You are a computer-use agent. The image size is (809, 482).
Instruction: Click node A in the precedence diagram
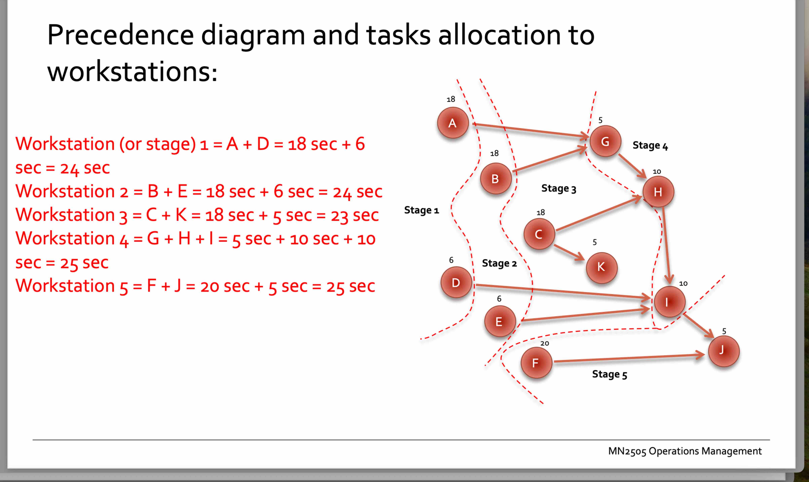453,123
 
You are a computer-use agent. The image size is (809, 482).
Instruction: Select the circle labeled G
605,141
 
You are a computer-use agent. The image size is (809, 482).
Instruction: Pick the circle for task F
536,363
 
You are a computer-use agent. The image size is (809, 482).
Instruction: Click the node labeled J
724,351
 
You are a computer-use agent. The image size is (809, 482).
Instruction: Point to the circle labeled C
539,234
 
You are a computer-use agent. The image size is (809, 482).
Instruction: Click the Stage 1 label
421,210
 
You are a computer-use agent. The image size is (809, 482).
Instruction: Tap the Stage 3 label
558,188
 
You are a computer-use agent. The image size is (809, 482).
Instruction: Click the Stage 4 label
650,146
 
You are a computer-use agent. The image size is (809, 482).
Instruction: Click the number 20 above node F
545,343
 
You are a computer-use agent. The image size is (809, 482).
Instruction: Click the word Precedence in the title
120,35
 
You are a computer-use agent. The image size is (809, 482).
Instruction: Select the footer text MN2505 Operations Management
685,451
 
